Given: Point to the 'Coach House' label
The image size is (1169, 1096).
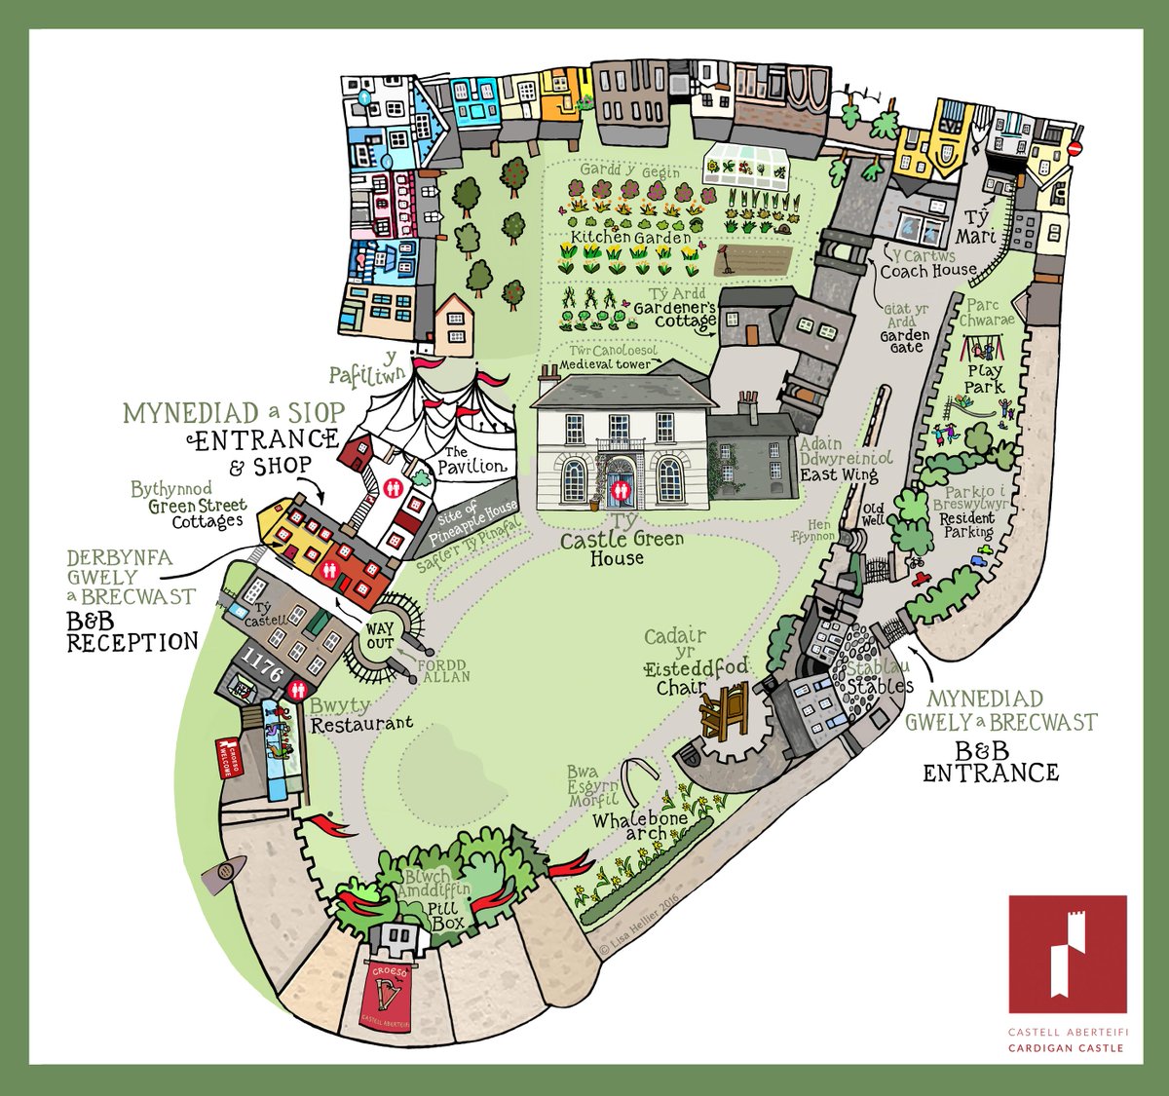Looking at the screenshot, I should pyautogui.click(x=927, y=270).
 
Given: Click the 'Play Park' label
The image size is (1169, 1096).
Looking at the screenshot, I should pyautogui.click(x=985, y=379).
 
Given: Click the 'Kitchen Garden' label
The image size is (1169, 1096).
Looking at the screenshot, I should pyautogui.click(x=630, y=238).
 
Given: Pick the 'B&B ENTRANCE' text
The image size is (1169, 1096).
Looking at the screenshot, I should pyautogui.click(x=991, y=762).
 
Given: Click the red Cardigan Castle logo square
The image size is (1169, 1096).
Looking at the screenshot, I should pyautogui.click(x=1068, y=954).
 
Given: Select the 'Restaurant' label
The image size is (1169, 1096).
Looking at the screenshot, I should pyautogui.click(x=361, y=724).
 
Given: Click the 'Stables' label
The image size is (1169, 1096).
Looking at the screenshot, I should pyautogui.click(x=880, y=685).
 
